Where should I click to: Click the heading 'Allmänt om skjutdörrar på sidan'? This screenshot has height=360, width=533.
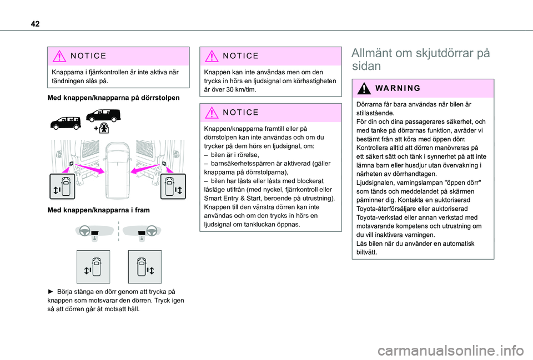point(420,59)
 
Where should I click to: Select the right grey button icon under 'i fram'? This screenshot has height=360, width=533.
point(144,267)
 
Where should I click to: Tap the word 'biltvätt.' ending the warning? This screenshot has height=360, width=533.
point(366,252)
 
